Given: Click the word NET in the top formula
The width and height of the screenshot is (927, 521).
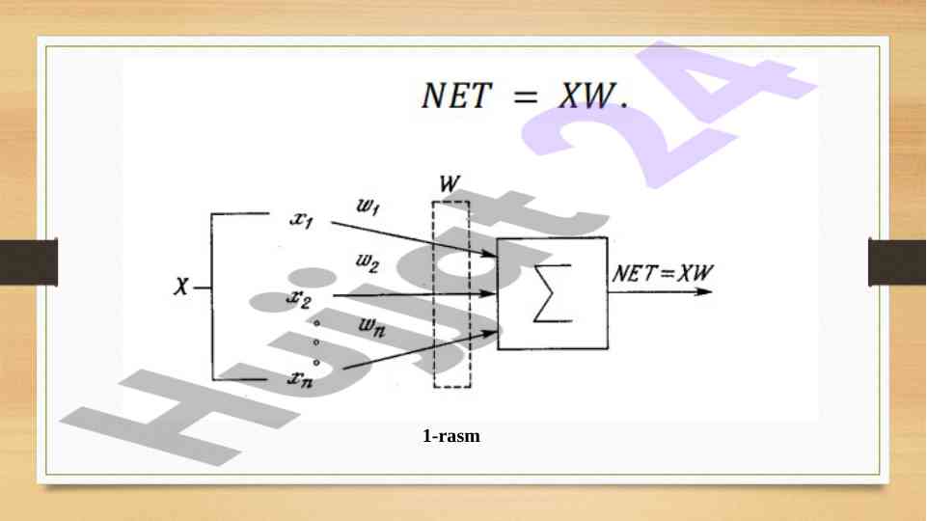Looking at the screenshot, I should tap(456, 96).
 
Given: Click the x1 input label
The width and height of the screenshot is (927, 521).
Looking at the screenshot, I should tap(302, 220).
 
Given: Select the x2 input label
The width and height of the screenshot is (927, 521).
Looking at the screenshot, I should tap(299, 297).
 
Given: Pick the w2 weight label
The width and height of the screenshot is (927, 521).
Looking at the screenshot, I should tap(368, 260).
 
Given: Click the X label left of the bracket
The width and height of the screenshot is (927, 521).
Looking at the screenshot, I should tap(180, 287).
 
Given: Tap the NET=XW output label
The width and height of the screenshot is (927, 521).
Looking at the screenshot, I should tap(663, 272).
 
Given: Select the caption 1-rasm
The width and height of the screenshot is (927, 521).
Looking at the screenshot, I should tap(451, 437).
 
